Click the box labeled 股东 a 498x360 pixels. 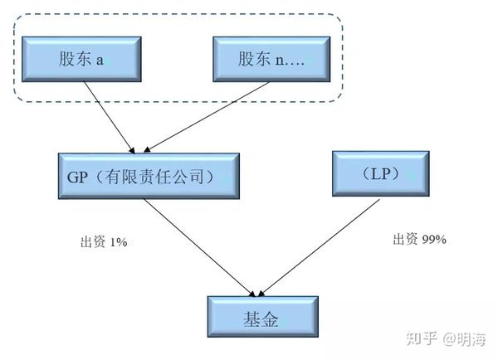[x=81, y=59]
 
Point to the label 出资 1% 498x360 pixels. [x=104, y=243]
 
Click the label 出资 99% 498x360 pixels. [x=419, y=240]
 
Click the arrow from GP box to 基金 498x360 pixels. [x=199, y=248]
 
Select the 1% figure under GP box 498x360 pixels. [x=117, y=243]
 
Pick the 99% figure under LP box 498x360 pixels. [x=433, y=240]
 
